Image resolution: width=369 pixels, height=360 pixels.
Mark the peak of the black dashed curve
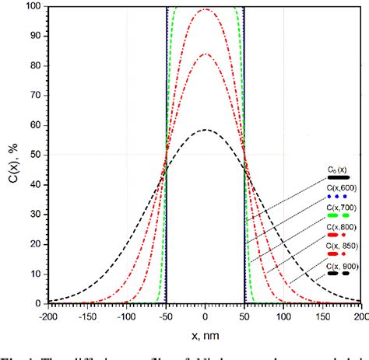pyautogui.click(x=205, y=130)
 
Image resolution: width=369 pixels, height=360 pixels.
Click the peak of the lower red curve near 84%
pyautogui.click(x=205, y=54)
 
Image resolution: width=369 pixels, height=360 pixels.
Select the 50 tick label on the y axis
pyautogui.click(x=37, y=155)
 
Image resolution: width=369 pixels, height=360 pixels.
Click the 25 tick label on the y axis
pyautogui.click(x=37, y=228)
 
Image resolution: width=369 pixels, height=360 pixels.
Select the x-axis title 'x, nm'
pyautogui.click(x=205, y=334)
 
